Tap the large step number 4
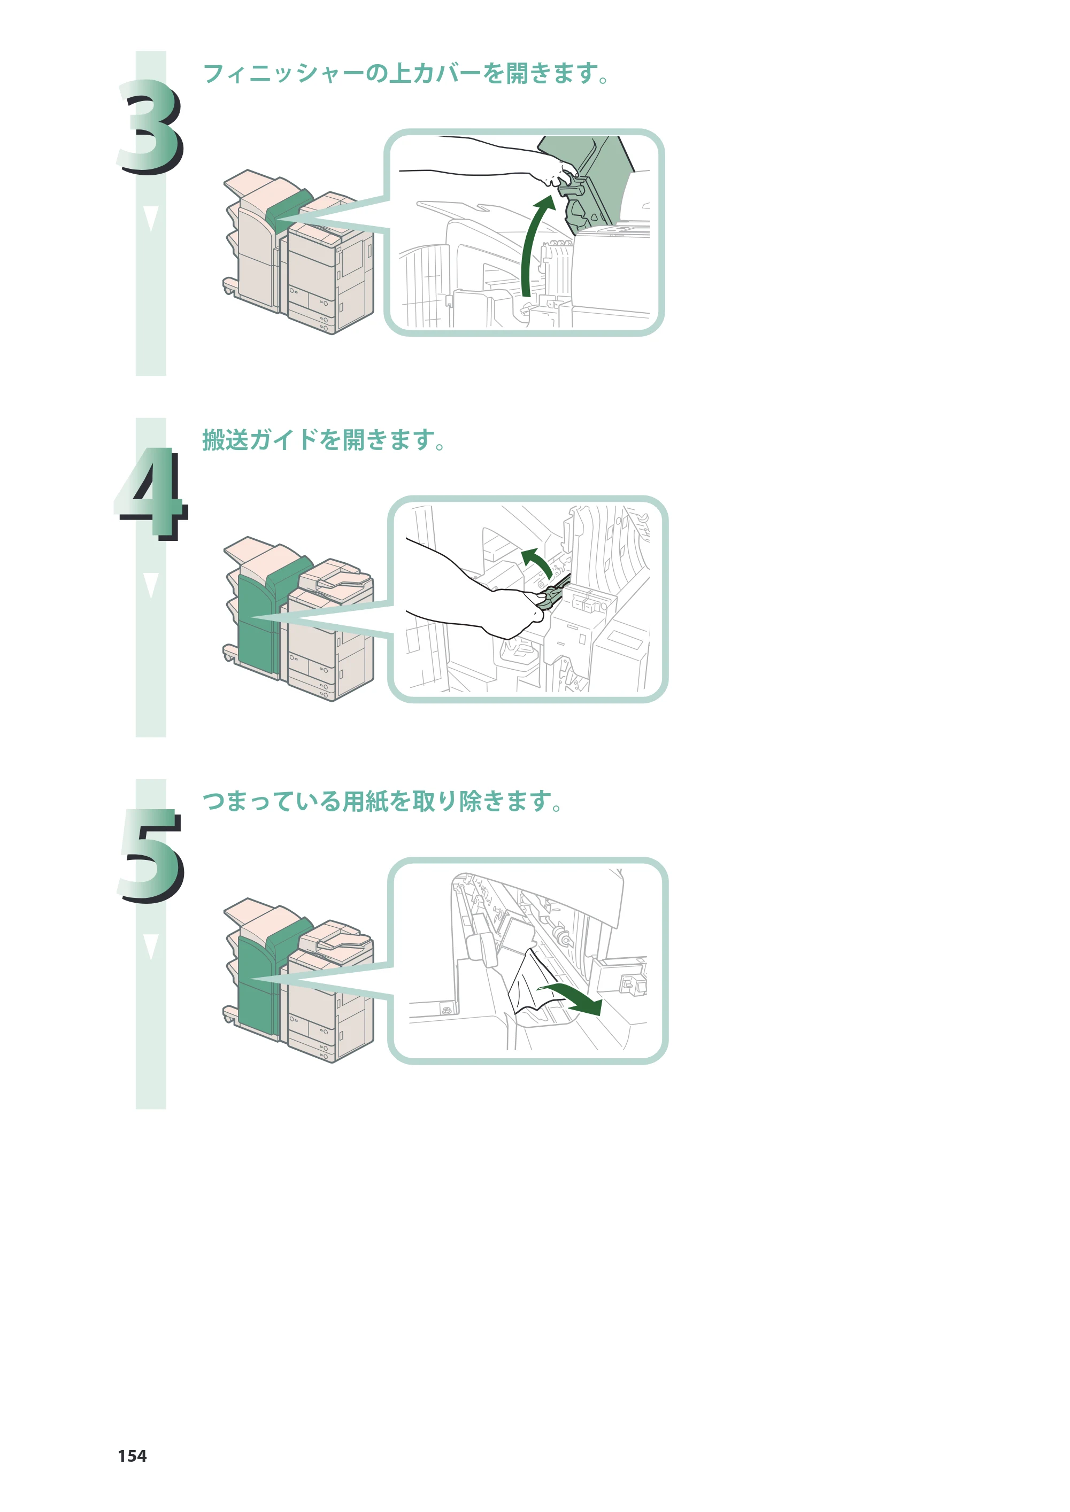coord(151,494)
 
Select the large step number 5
coord(151,856)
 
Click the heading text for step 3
coord(406,73)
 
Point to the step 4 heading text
coord(324,439)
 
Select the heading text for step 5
coord(382,801)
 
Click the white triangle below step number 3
coord(151,218)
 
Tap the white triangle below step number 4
coord(151,585)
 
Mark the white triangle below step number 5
coord(151,947)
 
